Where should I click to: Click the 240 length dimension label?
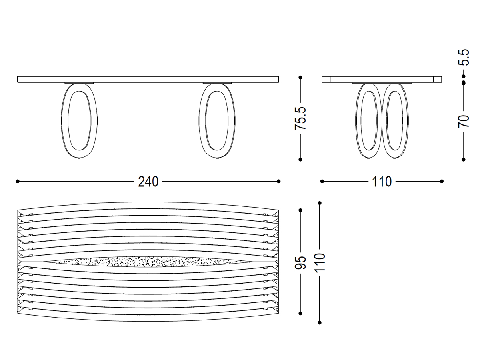(148, 182)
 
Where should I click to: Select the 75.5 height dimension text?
(300, 118)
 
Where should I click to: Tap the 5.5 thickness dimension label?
(463, 57)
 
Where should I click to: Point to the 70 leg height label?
(463, 121)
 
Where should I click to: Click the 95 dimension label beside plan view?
(300, 262)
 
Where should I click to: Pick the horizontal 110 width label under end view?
(382, 182)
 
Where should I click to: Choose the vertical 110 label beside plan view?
(320, 263)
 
